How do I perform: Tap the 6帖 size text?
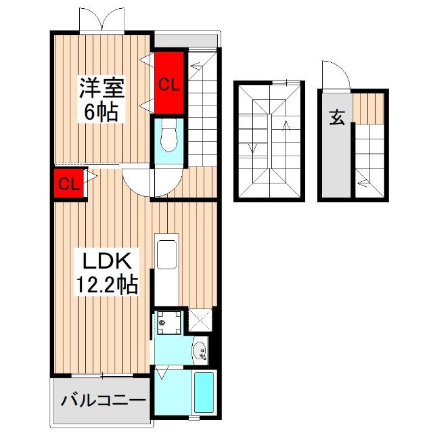101,112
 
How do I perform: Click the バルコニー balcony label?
103,401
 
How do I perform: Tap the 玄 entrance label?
337,117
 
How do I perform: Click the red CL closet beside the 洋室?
168,84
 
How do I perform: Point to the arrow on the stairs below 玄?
365,180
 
